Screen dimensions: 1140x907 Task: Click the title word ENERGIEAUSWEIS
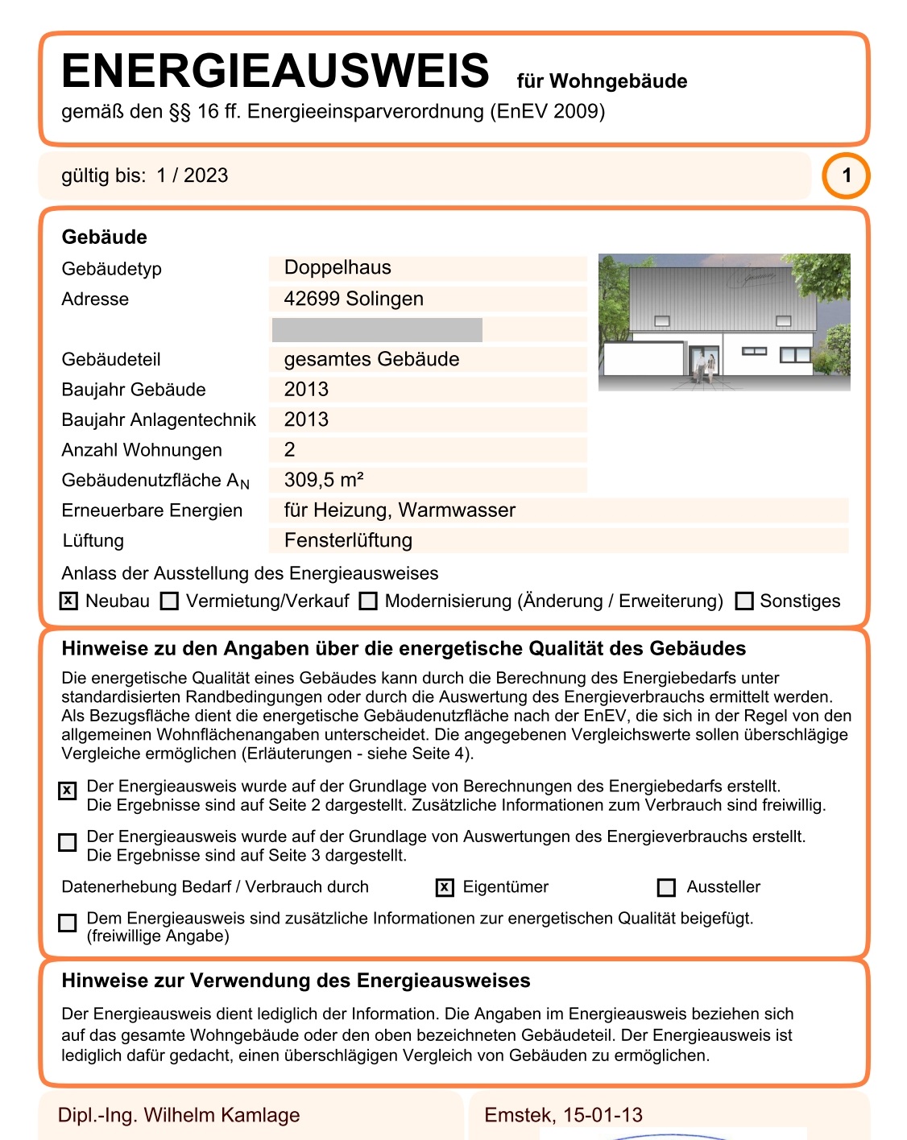[275, 71]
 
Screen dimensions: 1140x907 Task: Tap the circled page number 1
[846, 176]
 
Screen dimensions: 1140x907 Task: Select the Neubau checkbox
[69, 601]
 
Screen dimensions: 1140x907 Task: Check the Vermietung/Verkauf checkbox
[169, 601]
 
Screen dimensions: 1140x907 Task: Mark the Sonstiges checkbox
[744, 601]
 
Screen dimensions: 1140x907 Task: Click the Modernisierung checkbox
[368, 601]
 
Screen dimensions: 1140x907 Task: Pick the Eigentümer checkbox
[445, 887]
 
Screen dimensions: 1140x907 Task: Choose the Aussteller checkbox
[666, 887]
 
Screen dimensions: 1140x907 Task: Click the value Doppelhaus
[338, 268]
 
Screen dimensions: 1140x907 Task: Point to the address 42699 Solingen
[354, 299]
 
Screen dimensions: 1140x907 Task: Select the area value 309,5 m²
[324, 480]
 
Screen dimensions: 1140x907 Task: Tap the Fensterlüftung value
[348, 540]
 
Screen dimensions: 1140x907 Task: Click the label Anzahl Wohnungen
[142, 450]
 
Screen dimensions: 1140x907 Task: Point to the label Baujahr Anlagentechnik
[159, 419]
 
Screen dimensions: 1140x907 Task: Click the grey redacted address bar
[377, 330]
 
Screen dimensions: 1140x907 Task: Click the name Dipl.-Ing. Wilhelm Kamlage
[179, 1115]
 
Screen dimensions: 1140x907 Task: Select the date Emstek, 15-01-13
[563, 1115]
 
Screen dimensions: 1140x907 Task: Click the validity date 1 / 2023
[193, 176]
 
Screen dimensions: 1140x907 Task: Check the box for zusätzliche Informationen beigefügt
[68, 923]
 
